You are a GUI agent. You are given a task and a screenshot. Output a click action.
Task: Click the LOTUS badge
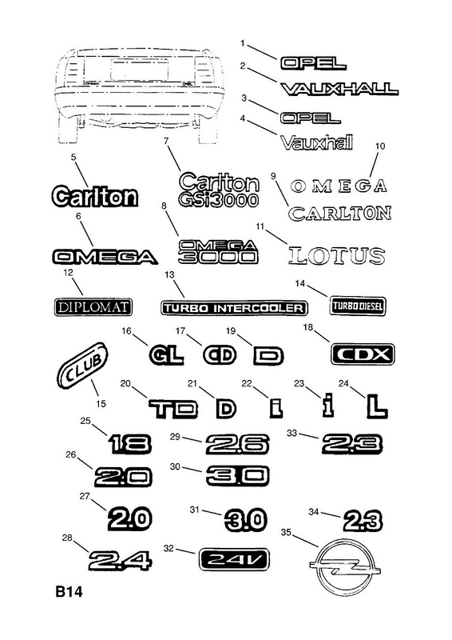click(x=337, y=256)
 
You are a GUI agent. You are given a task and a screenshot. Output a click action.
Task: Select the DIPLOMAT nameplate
click(x=93, y=307)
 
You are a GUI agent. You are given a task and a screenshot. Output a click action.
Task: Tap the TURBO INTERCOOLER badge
click(x=234, y=308)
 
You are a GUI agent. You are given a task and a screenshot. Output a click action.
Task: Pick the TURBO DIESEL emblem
click(x=358, y=306)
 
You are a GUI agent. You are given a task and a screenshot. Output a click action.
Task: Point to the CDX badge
click(x=363, y=354)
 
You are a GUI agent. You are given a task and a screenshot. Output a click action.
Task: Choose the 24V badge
click(x=234, y=559)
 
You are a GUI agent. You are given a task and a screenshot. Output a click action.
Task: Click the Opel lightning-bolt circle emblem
click(x=345, y=569)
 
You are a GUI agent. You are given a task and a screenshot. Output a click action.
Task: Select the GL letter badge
click(x=166, y=355)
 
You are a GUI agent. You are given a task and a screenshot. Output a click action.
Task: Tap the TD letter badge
click(x=172, y=410)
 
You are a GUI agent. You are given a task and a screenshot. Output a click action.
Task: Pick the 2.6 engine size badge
click(x=237, y=445)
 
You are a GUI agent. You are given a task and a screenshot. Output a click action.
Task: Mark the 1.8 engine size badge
click(x=130, y=444)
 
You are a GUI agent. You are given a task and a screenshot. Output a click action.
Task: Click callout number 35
click(x=286, y=532)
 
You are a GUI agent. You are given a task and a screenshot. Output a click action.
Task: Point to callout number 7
click(x=166, y=141)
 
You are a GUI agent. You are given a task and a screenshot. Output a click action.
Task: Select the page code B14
click(x=69, y=591)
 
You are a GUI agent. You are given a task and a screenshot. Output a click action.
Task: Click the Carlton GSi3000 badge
click(x=219, y=190)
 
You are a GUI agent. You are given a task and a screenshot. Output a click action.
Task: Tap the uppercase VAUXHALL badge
click(x=339, y=89)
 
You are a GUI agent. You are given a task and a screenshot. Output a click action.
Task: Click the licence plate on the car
click(x=139, y=70)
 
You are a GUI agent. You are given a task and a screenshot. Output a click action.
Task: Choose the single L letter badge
click(x=377, y=407)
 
